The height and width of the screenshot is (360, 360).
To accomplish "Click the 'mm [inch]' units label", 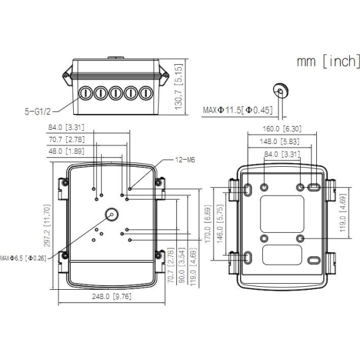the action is (329, 61).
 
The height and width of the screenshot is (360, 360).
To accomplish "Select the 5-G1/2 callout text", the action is (38, 112).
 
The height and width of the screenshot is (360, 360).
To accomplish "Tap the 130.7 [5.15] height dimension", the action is (178, 87).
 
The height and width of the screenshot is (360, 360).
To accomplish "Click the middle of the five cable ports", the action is (116, 93).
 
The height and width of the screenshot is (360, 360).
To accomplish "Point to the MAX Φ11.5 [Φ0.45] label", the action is (238, 110).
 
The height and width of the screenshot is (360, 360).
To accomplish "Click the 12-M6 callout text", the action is (185, 160).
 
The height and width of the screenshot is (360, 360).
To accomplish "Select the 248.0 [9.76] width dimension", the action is (112, 296).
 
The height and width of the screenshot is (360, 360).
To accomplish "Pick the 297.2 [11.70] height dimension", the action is (47, 226).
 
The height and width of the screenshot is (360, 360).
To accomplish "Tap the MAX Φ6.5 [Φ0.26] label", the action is (23, 258).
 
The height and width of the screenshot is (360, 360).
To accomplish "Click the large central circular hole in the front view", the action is (112, 214).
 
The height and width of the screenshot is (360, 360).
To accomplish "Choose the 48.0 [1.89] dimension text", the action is (67, 151).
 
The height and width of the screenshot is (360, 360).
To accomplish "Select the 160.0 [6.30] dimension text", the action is (282, 129).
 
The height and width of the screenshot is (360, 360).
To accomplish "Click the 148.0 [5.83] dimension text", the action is (280, 142).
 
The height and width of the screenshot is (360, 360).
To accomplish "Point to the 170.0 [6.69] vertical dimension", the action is (208, 224).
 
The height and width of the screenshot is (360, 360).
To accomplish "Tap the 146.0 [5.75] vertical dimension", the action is (220, 224).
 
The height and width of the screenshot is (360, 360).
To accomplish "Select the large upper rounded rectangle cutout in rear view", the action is (282, 214).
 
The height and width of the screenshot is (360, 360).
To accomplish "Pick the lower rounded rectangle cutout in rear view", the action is (282, 255).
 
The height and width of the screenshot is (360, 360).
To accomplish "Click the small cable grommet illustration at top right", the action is (280, 90).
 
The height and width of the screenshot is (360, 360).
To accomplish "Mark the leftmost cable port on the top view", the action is (85, 93).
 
